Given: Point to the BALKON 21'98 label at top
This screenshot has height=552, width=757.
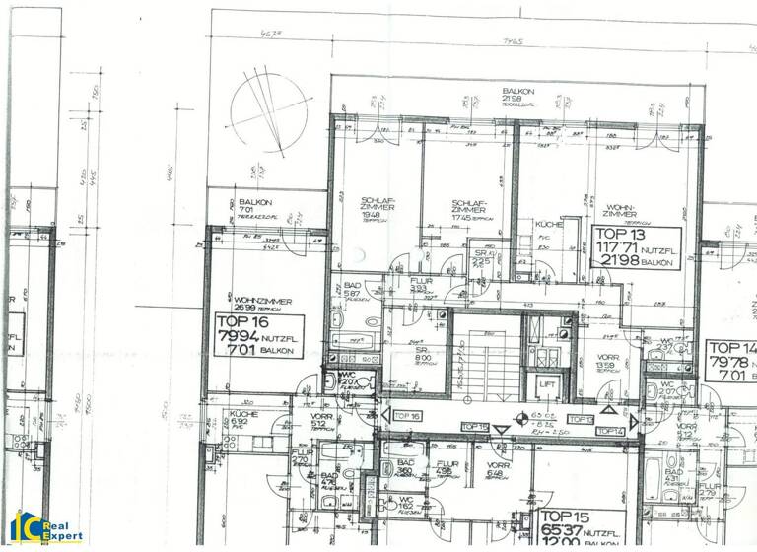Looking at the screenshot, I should pyautogui.click(x=516, y=96).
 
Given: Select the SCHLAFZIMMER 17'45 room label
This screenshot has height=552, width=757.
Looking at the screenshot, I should pyautogui.click(x=468, y=209).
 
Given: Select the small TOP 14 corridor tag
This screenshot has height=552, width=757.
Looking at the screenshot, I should pyautogui.click(x=610, y=431).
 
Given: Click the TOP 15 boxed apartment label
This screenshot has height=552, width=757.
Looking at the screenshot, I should pyautogui.click(x=579, y=529).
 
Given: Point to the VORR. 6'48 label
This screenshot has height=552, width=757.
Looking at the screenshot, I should pyautogui.click(x=497, y=469).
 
